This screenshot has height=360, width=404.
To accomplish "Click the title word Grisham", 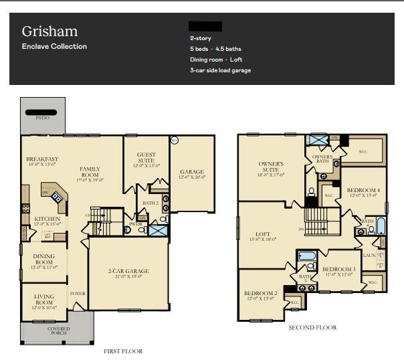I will click(x=49, y=31).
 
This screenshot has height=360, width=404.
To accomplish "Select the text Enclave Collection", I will click(x=54, y=47).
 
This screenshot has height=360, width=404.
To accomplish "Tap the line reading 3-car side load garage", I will click(x=220, y=70).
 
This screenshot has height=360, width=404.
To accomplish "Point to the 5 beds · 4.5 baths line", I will click(x=215, y=49).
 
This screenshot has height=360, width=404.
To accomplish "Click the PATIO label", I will click(x=42, y=117).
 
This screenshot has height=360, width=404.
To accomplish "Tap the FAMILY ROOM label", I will click(x=90, y=173).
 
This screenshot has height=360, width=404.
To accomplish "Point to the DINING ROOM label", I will click(x=44, y=260).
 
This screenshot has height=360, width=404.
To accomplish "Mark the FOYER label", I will click(x=78, y=293).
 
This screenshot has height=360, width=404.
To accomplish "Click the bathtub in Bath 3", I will click(x=308, y=255).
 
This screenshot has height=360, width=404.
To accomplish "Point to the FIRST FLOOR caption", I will click(x=122, y=351).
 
